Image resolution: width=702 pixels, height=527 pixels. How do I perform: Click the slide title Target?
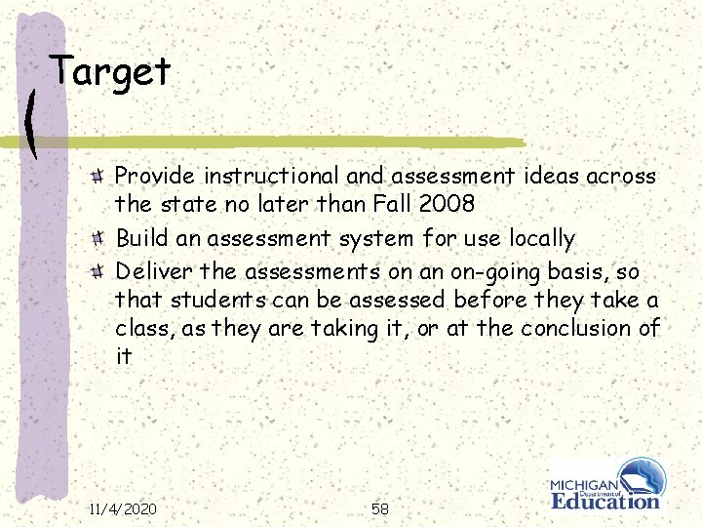[110, 71]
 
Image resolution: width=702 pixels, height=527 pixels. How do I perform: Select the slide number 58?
[380, 508]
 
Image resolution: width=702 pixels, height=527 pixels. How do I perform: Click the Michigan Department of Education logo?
[605, 485]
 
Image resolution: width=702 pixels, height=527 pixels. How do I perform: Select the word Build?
[138, 238]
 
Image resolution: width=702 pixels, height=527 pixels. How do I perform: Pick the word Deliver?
[147, 269]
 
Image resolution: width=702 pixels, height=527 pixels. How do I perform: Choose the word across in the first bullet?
[624, 176]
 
